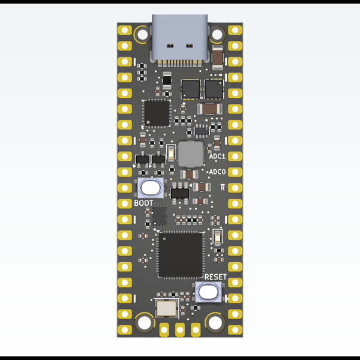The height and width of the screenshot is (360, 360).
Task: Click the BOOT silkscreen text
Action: pos(143,203)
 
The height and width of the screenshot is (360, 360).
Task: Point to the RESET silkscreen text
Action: pos(215,277)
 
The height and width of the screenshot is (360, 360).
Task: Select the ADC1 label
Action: pos(217,156)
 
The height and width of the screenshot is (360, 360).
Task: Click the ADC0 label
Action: pos(217,172)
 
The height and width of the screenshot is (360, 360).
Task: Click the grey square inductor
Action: pos(190,154)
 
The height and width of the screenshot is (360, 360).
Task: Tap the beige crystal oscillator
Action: pos(166,309)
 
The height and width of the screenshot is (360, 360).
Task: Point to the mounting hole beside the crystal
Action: pos(145,323)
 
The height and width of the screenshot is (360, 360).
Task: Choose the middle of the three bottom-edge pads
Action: pos(179,328)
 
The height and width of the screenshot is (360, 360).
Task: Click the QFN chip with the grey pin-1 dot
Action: pos(157,113)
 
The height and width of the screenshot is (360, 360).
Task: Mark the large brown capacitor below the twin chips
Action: pos(209,109)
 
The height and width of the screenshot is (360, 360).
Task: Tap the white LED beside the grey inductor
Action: pos(172,151)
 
